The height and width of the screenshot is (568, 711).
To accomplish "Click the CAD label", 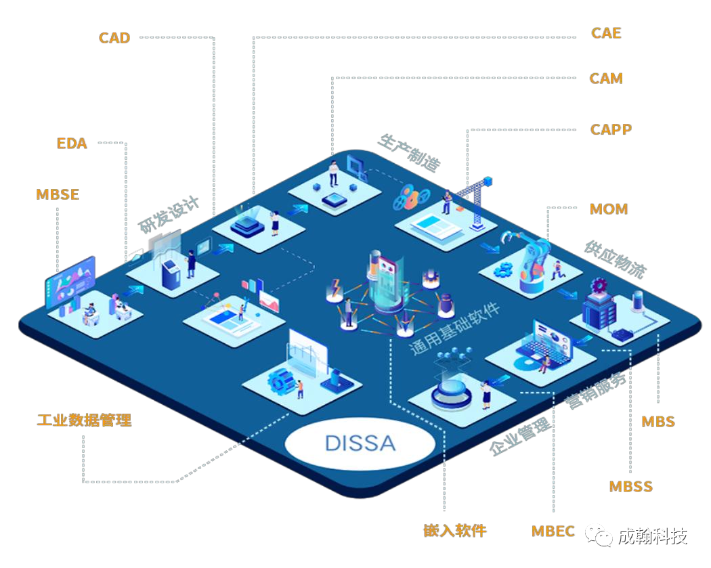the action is [x=114, y=38].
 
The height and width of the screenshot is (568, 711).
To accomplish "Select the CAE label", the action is [x=606, y=33].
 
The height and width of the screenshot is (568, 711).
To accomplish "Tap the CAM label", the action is [x=606, y=79].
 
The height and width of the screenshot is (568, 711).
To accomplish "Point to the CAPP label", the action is [x=611, y=129].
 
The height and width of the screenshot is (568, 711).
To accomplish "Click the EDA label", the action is [x=72, y=144].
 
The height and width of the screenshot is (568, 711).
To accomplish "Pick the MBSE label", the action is [x=58, y=194].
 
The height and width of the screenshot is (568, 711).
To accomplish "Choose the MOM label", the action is [x=609, y=209].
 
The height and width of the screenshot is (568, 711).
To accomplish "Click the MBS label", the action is [x=658, y=422].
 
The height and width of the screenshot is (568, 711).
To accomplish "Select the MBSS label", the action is [x=630, y=486].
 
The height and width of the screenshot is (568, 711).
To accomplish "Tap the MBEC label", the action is [x=553, y=531].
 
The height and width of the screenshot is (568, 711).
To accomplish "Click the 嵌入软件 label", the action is [x=455, y=530].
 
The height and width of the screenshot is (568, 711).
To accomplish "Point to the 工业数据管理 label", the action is [x=85, y=420].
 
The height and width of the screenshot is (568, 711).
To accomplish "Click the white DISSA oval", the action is [x=360, y=443].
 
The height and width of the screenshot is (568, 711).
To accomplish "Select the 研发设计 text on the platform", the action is [x=169, y=215].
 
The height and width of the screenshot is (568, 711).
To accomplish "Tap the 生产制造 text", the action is [x=409, y=153].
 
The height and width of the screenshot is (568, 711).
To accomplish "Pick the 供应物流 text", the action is [x=616, y=259].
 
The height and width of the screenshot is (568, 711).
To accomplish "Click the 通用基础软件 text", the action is [x=455, y=328].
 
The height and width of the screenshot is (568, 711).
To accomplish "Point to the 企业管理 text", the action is [x=520, y=436].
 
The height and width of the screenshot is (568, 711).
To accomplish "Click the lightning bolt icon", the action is [x=336, y=288].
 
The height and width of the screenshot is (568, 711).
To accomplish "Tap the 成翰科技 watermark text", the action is [x=653, y=536].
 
